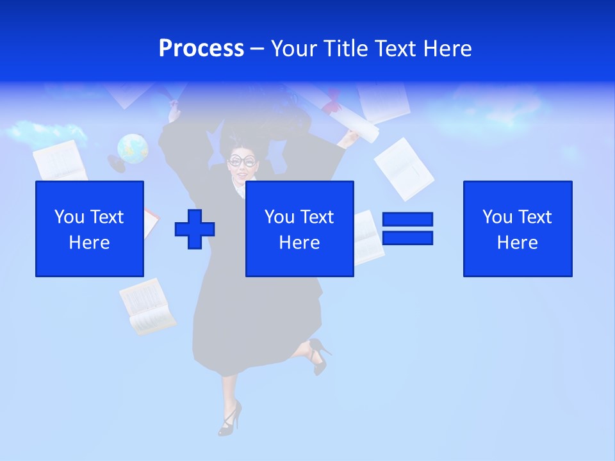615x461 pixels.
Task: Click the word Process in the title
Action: tap(201, 49)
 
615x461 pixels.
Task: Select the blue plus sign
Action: tap(195, 229)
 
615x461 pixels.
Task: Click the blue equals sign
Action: tap(407, 229)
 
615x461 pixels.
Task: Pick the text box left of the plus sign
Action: tap(90, 229)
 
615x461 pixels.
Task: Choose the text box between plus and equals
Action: tap(299, 229)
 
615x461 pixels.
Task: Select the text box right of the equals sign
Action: tap(518, 229)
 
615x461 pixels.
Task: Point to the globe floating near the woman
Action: tap(133, 149)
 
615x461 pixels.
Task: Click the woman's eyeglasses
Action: tap(242, 161)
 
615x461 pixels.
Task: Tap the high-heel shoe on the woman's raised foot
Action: tap(318, 355)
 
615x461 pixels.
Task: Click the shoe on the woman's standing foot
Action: tap(229, 419)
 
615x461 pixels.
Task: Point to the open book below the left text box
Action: tap(147, 306)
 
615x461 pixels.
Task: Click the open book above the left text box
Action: tap(60, 160)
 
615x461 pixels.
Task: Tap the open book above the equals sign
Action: tap(404, 167)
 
